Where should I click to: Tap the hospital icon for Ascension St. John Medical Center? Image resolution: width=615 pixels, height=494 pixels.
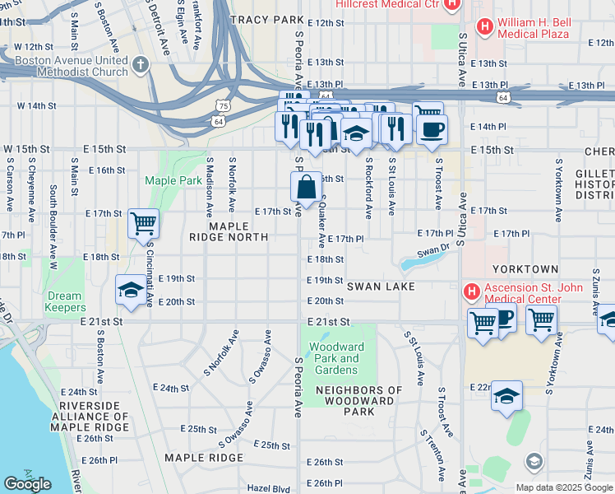[x=472, y=291]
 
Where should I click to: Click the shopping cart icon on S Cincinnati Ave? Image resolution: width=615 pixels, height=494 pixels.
[x=144, y=222]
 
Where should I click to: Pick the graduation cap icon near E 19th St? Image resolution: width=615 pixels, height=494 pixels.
[x=130, y=289]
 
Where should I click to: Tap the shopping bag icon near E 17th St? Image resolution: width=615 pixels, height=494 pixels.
[x=306, y=187]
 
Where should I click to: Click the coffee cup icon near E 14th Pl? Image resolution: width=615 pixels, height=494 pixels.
[x=432, y=128]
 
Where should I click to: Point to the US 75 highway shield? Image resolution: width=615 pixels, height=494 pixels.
[x=223, y=105]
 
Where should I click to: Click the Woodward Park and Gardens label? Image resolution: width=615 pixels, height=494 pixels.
[x=337, y=358]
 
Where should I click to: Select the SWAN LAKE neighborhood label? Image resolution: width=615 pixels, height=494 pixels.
[x=380, y=287]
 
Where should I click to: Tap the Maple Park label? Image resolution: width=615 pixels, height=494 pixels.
[x=173, y=180]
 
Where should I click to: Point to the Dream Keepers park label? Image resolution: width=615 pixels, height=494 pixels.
[x=64, y=301]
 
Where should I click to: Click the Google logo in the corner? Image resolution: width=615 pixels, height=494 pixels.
[x=27, y=483]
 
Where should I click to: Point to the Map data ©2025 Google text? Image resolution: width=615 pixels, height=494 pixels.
[x=563, y=487]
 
